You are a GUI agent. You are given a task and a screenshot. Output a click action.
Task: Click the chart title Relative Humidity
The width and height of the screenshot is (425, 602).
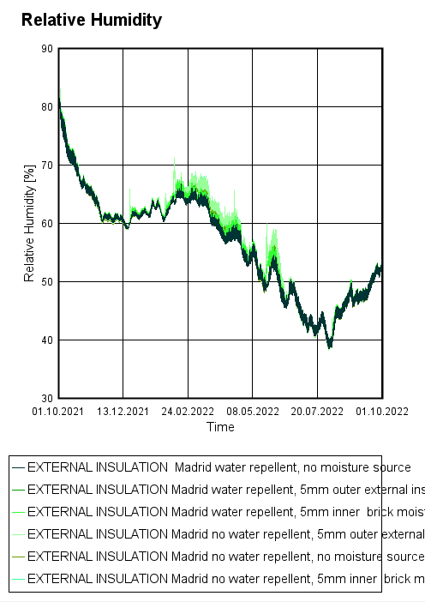(x=91, y=20)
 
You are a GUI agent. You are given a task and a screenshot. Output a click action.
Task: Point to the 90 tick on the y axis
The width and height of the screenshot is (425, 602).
(x=48, y=49)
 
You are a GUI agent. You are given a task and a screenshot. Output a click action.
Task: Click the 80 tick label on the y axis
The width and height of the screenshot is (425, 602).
(x=48, y=107)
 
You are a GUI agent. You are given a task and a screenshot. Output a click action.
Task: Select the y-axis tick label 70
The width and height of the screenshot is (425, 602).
(x=48, y=166)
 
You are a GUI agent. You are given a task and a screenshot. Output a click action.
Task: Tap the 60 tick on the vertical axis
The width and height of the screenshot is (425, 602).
(x=48, y=224)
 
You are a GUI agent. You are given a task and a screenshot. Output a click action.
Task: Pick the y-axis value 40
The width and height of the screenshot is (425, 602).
(x=48, y=340)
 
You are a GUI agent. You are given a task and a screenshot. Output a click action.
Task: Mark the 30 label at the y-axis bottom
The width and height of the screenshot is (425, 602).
(x=48, y=399)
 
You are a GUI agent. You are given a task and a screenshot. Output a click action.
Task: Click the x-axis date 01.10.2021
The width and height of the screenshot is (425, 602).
(x=58, y=412)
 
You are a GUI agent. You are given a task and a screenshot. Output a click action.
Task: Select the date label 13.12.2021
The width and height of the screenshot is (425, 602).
(x=123, y=412)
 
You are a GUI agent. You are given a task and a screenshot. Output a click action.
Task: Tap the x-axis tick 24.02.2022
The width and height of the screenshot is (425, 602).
(x=189, y=412)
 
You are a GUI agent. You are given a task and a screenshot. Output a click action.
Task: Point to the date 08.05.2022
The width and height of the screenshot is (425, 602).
(x=253, y=412)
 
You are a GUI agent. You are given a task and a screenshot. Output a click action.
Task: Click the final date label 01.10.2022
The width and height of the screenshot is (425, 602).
(x=382, y=412)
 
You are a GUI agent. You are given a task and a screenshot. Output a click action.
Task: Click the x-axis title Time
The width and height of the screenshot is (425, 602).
(x=220, y=426)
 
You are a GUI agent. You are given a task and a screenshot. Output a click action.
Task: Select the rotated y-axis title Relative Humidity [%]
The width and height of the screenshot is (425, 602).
(x=29, y=224)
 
